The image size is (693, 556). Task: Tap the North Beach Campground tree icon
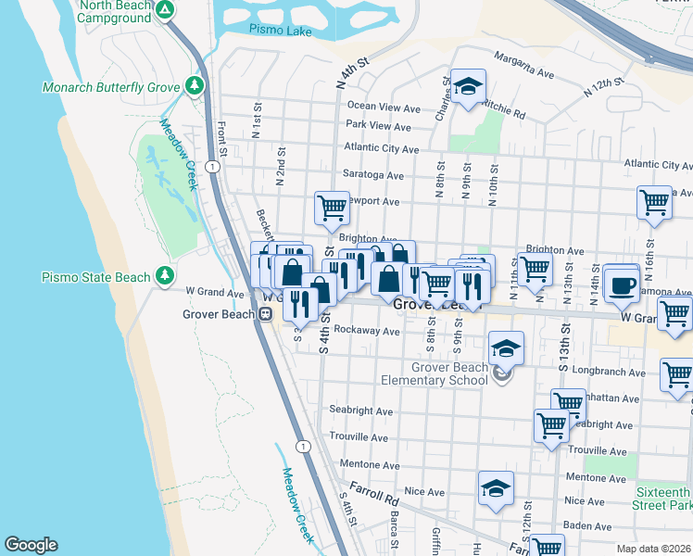pyautogui.click(x=165, y=10)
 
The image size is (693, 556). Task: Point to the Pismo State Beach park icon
pyautogui.click(x=165, y=275)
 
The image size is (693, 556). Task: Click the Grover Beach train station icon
pyautogui.click(x=265, y=314)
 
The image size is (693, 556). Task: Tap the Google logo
pyautogui.click(x=31, y=545)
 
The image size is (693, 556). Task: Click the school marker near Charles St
pyautogui.click(x=468, y=87)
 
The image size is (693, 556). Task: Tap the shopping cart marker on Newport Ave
pyautogui.click(x=332, y=208)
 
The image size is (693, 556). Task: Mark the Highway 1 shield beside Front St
pyautogui.click(x=213, y=166)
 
